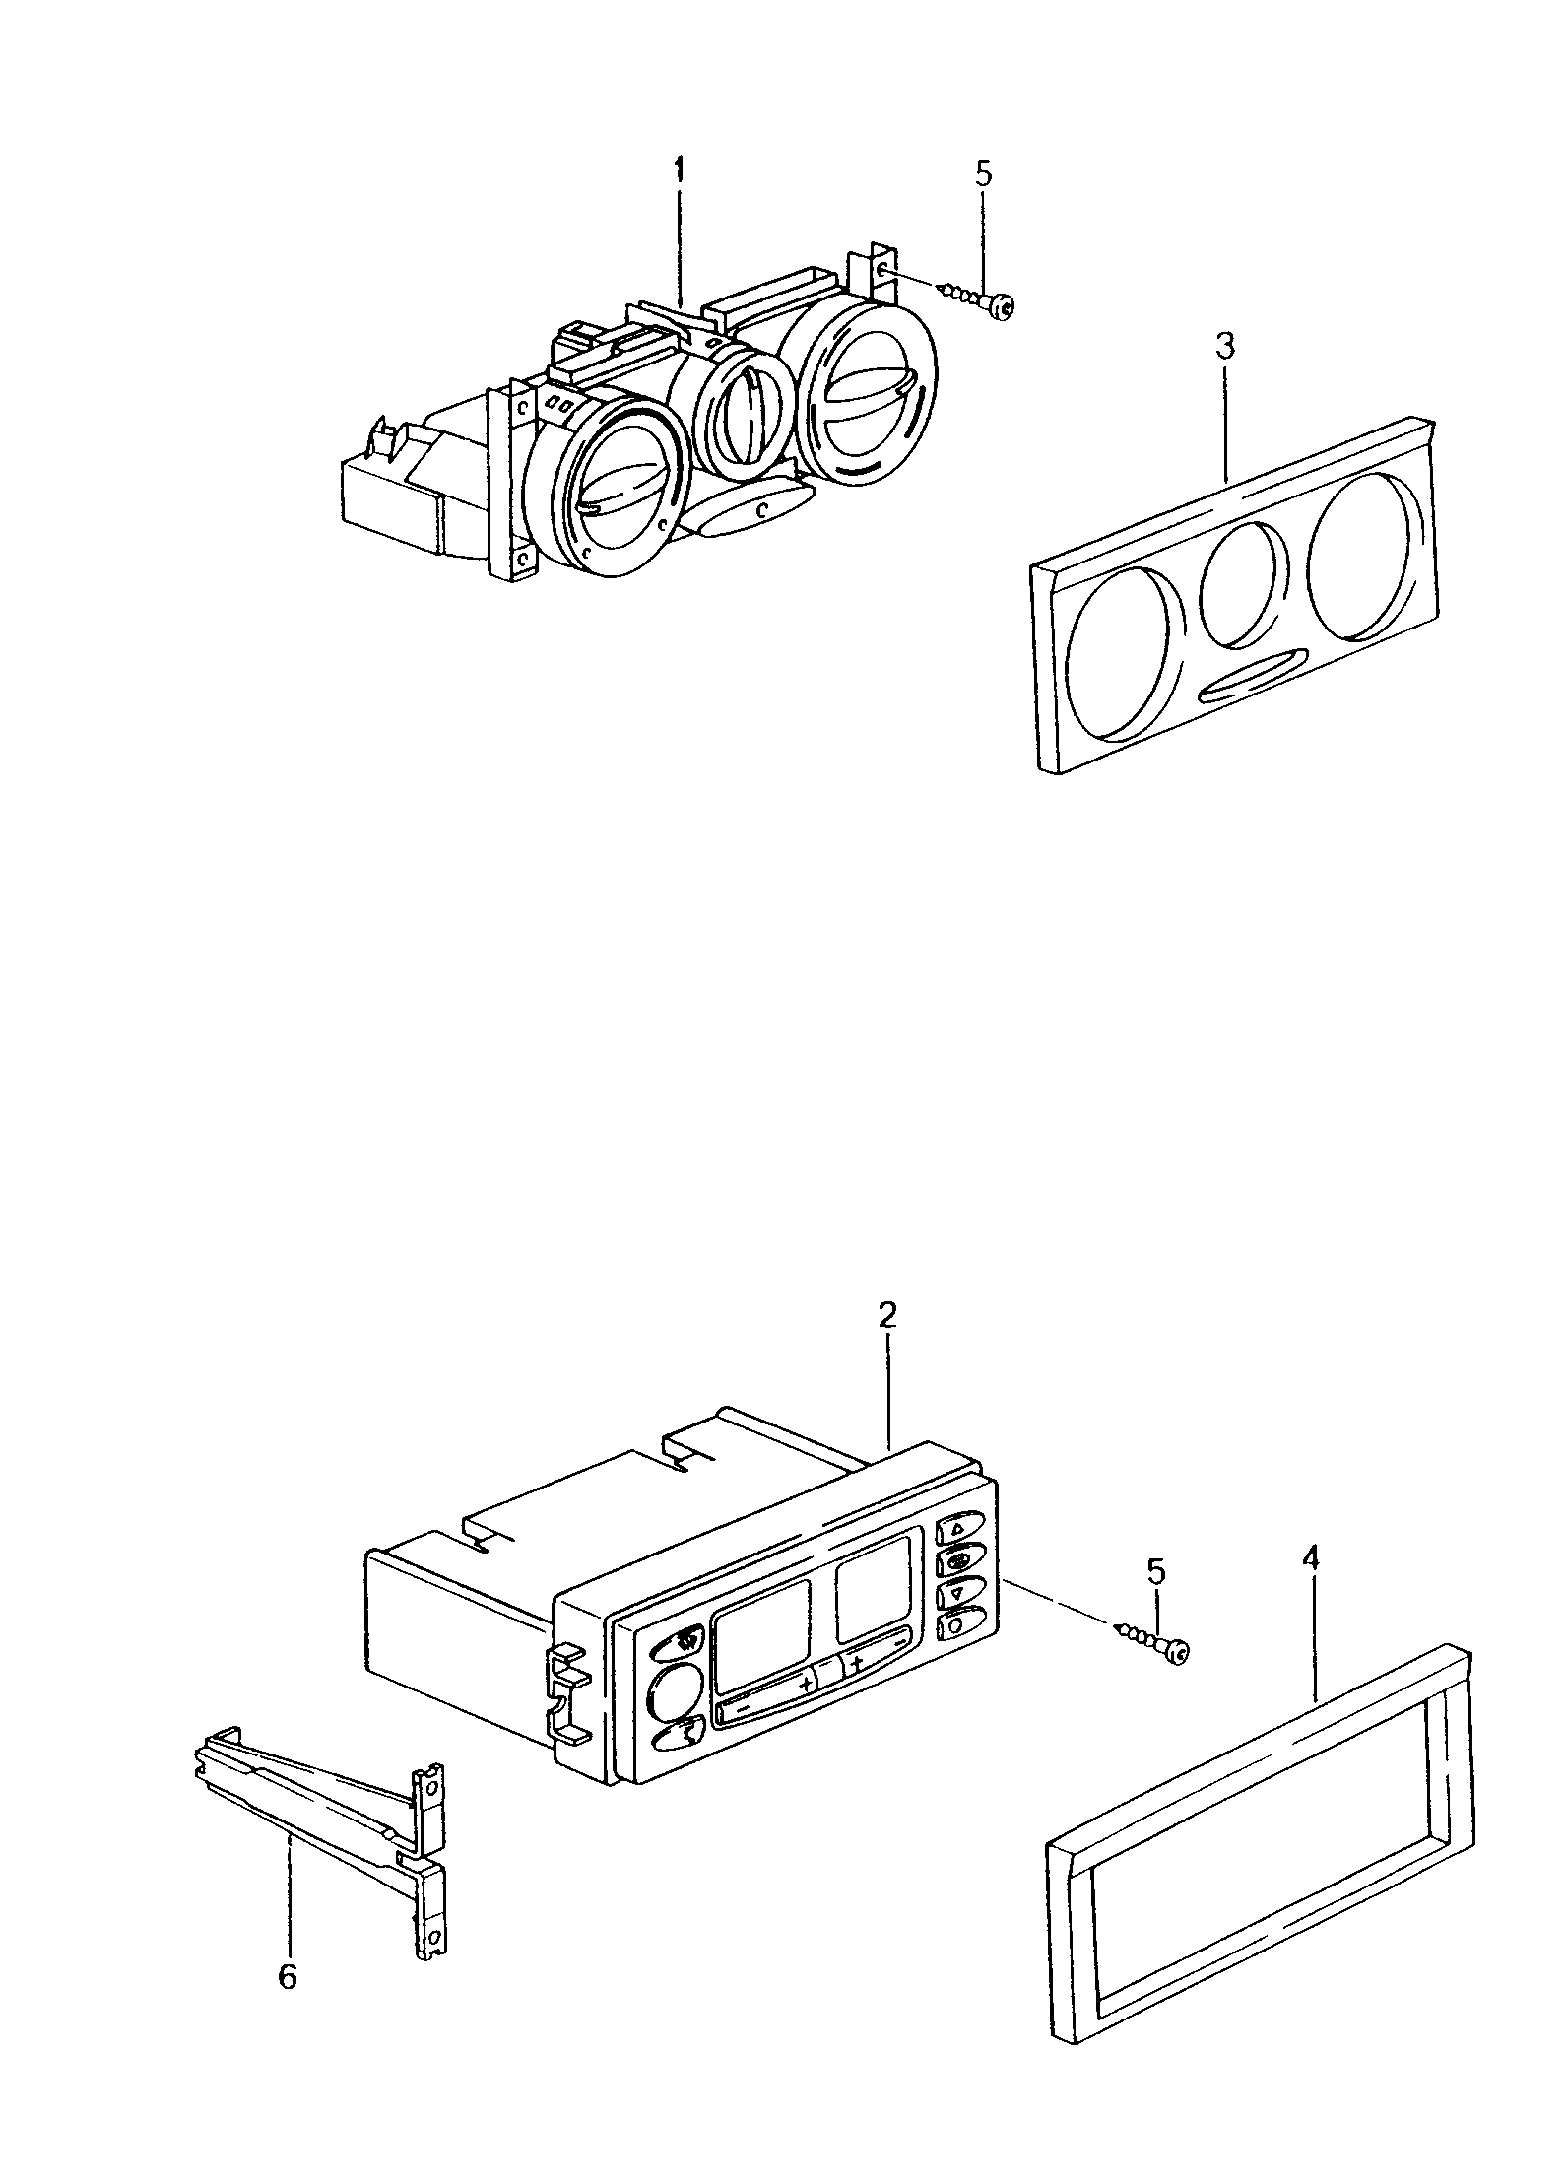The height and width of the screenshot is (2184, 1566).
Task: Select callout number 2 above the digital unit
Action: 887,1315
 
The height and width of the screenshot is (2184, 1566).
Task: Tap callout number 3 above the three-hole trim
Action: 1225,347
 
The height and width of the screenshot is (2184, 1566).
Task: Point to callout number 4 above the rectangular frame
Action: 1313,1558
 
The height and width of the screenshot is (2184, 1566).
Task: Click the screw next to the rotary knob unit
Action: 979,301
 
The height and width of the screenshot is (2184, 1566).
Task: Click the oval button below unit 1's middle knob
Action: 750,510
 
